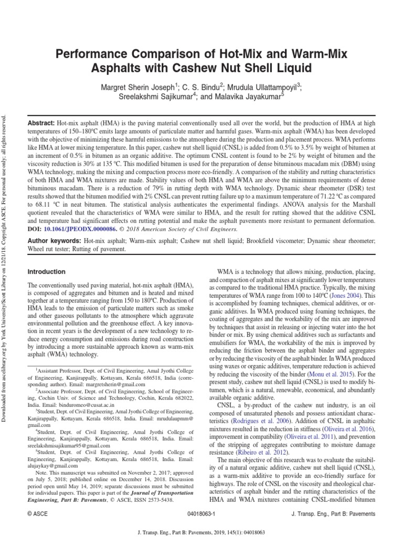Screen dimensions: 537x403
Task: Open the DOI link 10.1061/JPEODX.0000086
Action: tap(85, 229)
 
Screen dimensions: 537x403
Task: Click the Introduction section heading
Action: tap(46, 272)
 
